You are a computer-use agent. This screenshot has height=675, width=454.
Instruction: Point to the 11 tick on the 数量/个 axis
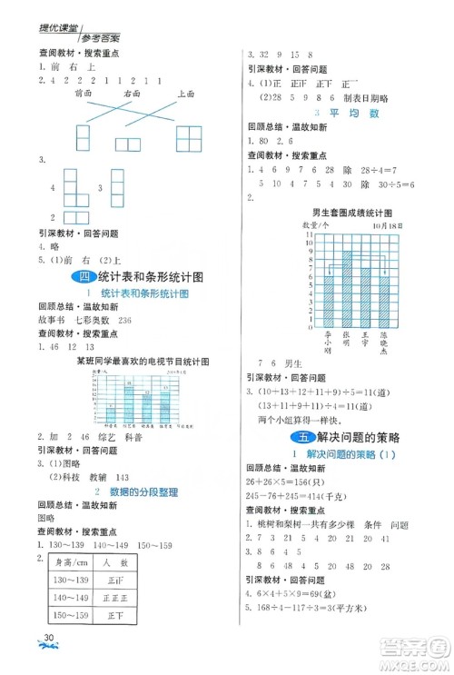(x=310, y=234)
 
